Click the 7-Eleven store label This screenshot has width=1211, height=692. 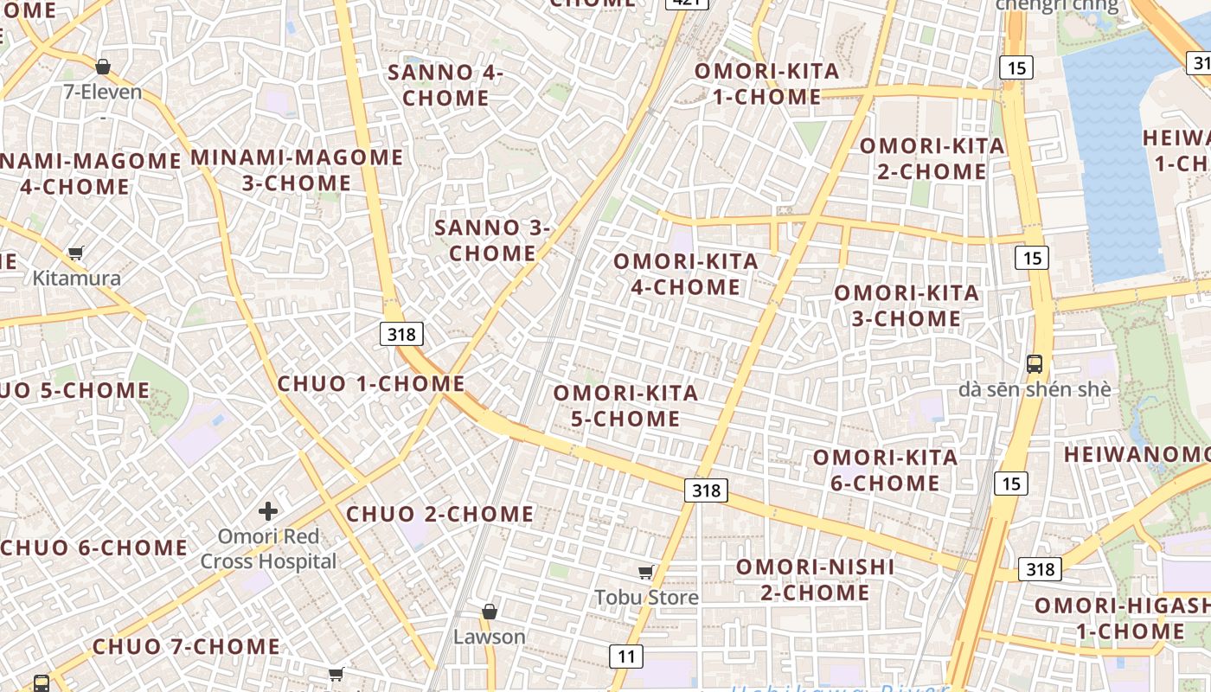pyautogui.click(x=102, y=92)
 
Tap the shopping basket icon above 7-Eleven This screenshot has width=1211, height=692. pyautogui.click(x=103, y=67)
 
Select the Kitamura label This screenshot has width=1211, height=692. pyautogui.click(x=77, y=279)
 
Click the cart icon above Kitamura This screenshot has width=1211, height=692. pyautogui.click(x=76, y=253)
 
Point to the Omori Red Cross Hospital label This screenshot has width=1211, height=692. pyautogui.click(x=268, y=548)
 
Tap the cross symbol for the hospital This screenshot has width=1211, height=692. pyautogui.click(x=268, y=511)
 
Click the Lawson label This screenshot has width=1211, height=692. pyautogui.click(x=490, y=637)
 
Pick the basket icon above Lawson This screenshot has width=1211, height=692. pyautogui.click(x=490, y=612)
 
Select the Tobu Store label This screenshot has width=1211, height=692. pyautogui.click(x=646, y=597)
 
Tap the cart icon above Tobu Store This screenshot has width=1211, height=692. pyautogui.click(x=645, y=572)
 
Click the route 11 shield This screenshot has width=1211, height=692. pyautogui.click(x=626, y=657)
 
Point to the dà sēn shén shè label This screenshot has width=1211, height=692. pyautogui.click(x=1035, y=389)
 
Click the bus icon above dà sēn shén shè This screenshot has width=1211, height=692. pyautogui.click(x=1035, y=364)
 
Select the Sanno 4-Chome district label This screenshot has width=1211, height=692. pyautogui.click(x=445, y=85)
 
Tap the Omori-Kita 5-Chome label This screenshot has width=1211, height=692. pyautogui.click(x=625, y=406)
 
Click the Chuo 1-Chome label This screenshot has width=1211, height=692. pyautogui.click(x=371, y=383)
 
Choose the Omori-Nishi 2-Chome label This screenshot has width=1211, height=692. pyautogui.click(x=815, y=580)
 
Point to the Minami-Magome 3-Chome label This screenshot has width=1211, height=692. pyautogui.click(x=297, y=170)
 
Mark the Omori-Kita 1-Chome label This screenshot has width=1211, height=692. pyautogui.click(x=767, y=84)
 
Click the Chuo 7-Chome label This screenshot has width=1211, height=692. pyautogui.click(x=186, y=646)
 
